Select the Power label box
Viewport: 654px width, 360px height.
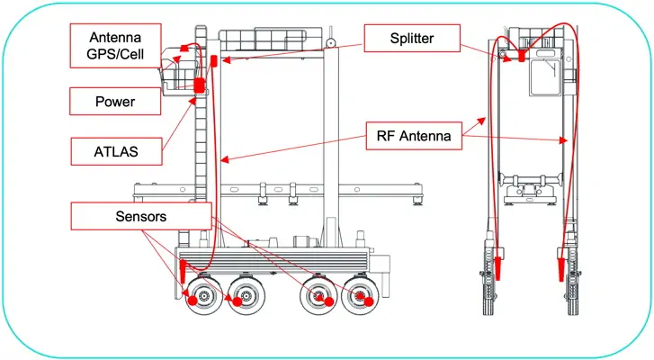[x=115, y=102]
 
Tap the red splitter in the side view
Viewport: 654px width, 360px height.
[x=215, y=62]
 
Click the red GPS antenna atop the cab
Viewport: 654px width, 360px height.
[x=184, y=46]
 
